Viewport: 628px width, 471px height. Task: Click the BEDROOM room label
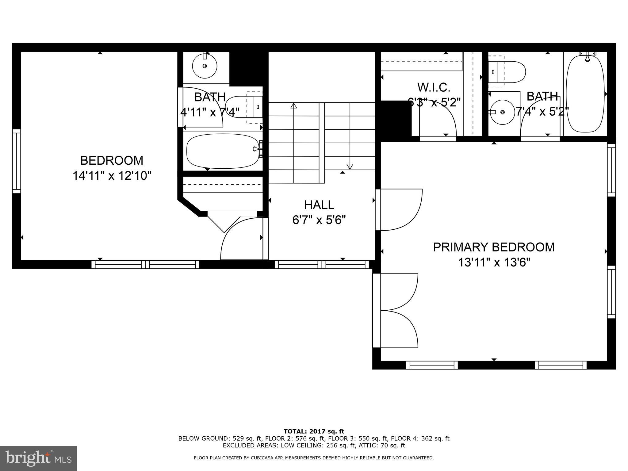[112, 160]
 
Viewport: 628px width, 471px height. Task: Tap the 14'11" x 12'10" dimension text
[112, 176]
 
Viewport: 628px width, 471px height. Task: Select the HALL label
[319, 205]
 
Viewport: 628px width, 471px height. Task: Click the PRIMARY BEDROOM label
[494, 247]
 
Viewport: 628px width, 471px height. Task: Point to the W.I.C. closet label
[434, 88]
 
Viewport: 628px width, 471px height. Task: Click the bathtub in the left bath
[223, 151]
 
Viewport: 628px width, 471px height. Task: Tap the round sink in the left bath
[205, 66]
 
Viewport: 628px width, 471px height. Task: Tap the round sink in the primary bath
[502, 112]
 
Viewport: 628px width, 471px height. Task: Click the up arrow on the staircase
[294, 106]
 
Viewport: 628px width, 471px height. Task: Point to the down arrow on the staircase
[350, 167]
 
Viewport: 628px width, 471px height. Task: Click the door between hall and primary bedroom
[399, 210]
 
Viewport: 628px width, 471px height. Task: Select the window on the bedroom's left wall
[17, 161]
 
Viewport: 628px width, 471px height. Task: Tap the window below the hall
[322, 264]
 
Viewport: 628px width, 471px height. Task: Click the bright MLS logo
[38, 458]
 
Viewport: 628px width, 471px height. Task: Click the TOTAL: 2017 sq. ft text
[314, 431]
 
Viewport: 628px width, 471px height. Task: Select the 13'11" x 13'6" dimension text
[494, 262]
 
